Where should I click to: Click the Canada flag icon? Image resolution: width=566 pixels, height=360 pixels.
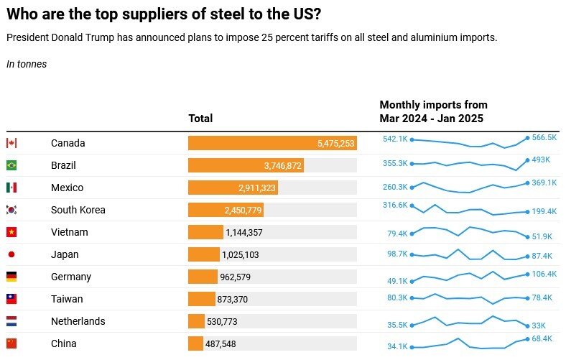click(11, 143)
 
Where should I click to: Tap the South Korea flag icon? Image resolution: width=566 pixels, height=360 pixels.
click(11, 210)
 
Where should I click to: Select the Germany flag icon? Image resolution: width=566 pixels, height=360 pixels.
click(11, 277)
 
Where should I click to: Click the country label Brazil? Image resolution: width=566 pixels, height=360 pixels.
click(63, 165)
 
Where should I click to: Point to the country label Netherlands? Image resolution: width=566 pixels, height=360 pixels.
click(78, 321)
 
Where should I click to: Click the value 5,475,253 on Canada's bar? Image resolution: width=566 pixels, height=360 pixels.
click(335, 144)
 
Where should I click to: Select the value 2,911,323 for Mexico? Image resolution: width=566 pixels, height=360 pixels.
click(256, 188)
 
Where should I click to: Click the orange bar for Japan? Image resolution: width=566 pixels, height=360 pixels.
click(203, 254)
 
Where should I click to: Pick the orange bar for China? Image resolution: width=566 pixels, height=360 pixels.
click(195, 343)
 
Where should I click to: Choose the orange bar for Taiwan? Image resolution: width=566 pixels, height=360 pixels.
click(201, 299)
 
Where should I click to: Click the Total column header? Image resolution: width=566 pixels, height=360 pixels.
click(200, 119)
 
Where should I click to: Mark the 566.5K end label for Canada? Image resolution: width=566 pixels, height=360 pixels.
click(544, 137)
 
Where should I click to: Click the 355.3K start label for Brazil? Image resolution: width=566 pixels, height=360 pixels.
click(395, 164)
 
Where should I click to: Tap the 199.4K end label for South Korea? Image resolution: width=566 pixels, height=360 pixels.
click(544, 212)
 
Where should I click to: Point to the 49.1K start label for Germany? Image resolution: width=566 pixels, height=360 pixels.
click(397, 282)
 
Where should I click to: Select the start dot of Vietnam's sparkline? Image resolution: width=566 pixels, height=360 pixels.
click(412, 233)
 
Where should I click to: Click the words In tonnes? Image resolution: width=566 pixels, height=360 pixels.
click(27, 64)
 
